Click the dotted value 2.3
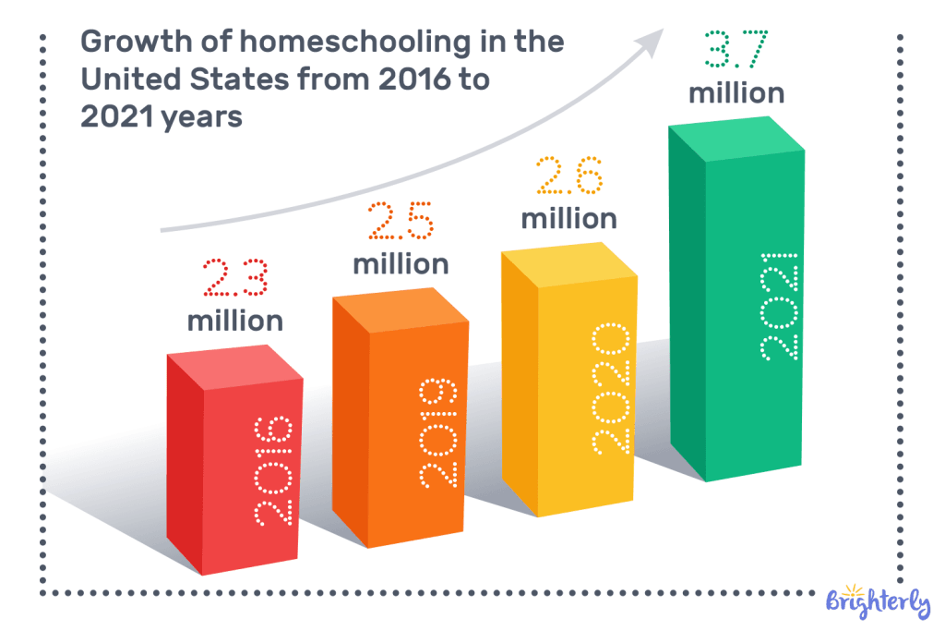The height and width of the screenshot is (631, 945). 235,276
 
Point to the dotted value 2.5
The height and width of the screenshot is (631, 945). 401,219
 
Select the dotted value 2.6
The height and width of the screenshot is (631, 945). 569,175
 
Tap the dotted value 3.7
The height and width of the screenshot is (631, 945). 736,49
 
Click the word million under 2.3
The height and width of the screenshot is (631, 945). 235,321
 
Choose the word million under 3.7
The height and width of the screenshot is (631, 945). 736,93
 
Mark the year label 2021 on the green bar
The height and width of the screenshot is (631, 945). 779,305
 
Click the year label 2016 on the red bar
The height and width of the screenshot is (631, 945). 273,471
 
